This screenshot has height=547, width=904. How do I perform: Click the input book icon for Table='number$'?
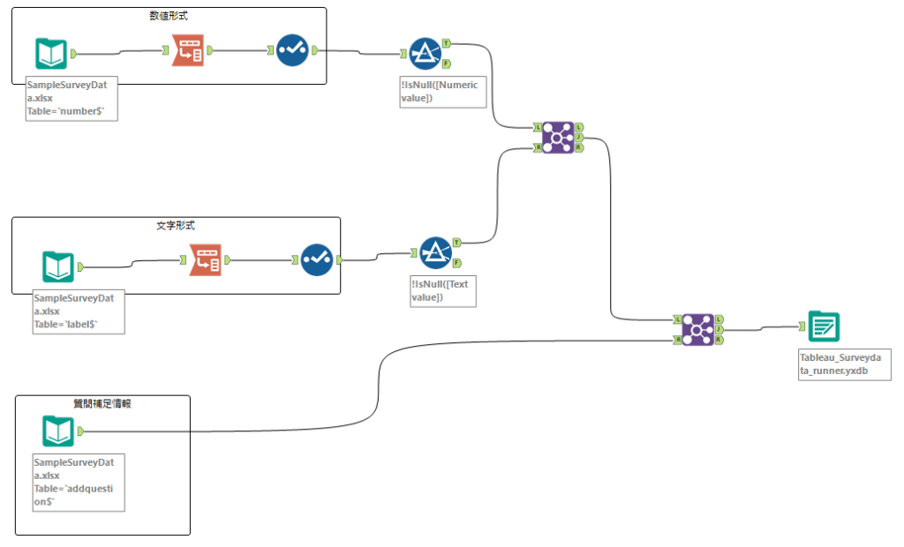click(x=51, y=54)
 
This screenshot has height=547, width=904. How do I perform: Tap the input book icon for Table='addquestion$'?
click(x=58, y=431)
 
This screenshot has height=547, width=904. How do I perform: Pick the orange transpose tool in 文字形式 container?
click(x=206, y=260)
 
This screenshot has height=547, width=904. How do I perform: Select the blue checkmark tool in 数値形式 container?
click(x=291, y=50)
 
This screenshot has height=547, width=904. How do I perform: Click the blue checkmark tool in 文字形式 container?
click(x=316, y=260)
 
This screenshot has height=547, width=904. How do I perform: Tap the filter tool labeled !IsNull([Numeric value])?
click(x=426, y=54)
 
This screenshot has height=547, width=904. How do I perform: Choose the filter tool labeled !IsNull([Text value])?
click(x=435, y=252)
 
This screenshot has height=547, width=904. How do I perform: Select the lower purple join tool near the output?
click(x=697, y=329)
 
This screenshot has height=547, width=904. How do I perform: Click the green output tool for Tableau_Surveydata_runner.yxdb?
click(x=824, y=327)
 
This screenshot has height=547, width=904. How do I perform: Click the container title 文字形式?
click(x=175, y=226)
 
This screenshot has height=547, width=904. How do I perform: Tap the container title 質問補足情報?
click(x=102, y=403)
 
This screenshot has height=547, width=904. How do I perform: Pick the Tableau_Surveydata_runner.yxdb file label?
click(x=844, y=364)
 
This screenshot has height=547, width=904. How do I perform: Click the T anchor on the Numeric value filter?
click(x=447, y=43)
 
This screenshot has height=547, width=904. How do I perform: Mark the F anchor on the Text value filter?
click(x=456, y=263)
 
